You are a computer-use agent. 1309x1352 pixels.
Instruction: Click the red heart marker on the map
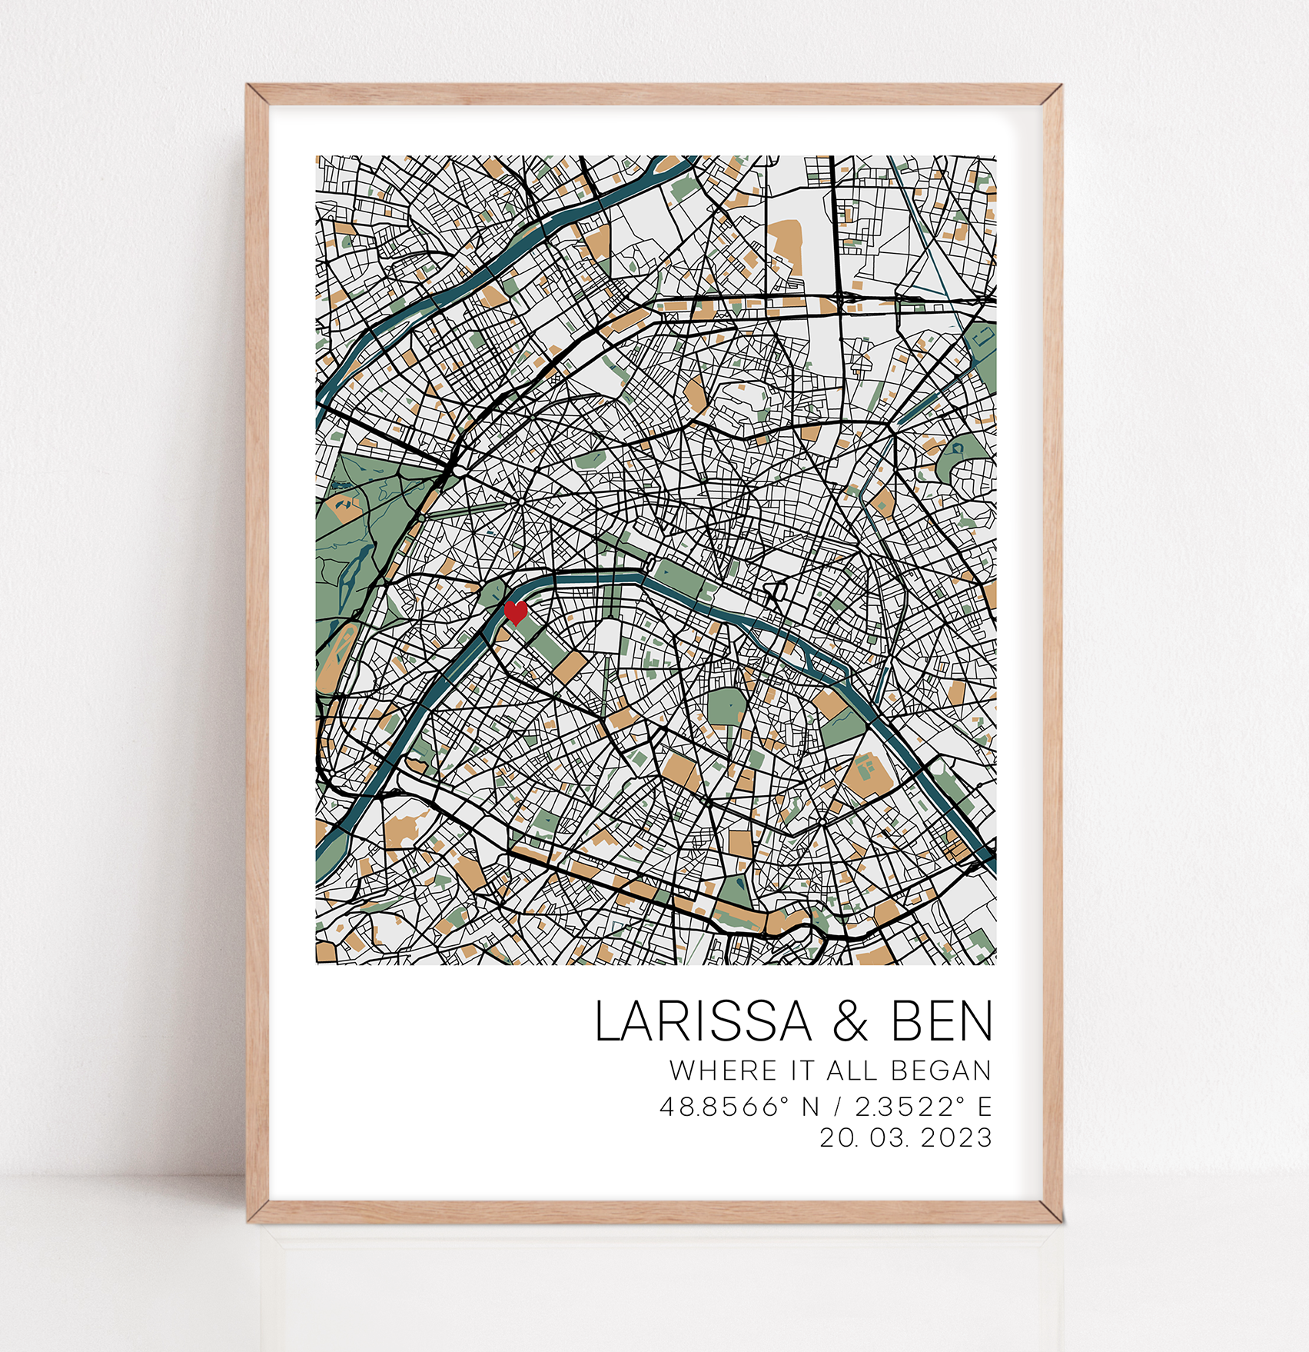(x=515, y=612)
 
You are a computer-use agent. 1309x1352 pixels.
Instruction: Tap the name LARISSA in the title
(x=703, y=1021)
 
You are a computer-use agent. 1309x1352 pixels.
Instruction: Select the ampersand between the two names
(x=850, y=1022)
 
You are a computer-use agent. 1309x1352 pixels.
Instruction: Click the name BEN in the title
(x=942, y=1021)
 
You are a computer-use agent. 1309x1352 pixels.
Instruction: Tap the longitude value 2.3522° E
(x=923, y=1107)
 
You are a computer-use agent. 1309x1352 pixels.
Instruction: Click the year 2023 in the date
(x=956, y=1137)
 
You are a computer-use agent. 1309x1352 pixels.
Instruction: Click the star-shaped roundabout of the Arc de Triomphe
(x=522, y=501)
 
